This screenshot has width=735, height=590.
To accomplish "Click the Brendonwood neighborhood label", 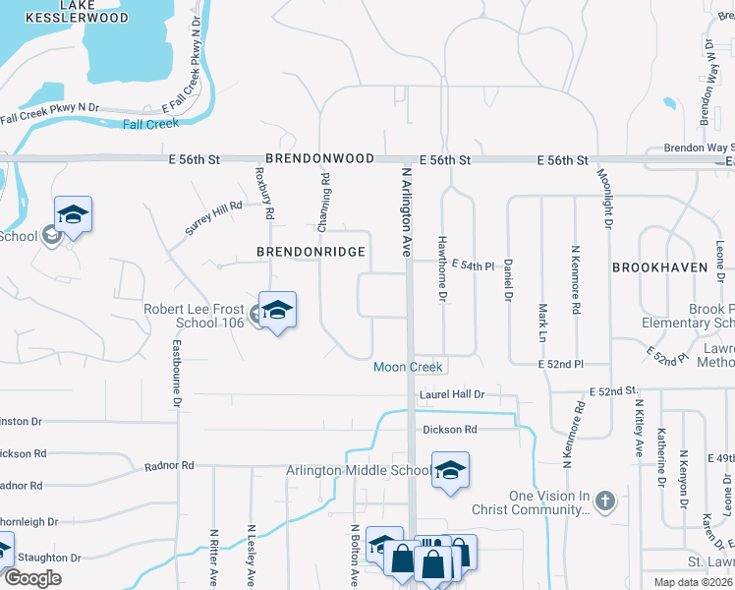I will [318, 158].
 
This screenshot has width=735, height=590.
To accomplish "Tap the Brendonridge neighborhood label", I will [311, 252].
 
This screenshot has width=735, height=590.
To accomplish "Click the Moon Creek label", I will [408, 367].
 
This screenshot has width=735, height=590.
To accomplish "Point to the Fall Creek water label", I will [151, 124].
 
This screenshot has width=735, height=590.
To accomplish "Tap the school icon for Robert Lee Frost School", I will [277, 311].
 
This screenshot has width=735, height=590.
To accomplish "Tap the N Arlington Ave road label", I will [405, 211].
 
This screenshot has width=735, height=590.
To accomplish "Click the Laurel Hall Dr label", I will [452, 394].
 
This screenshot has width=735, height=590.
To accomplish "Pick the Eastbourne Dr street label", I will [178, 374].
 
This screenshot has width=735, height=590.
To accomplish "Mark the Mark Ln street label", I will [541, 323].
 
